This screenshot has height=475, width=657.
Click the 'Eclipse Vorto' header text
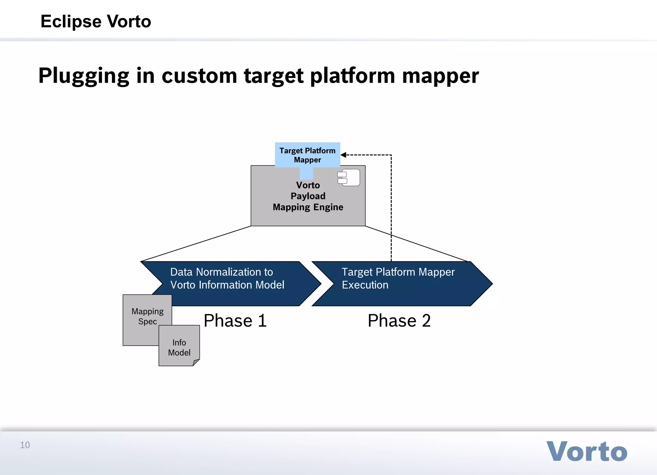pos(96,21)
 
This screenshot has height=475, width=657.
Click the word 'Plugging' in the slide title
pos(84,76)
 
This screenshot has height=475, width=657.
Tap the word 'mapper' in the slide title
pos(440,76)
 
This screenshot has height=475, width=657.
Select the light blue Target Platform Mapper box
pos(307,155)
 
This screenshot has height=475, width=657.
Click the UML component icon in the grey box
pos(349,178)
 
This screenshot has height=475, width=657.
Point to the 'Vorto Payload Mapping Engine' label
pos(308,196)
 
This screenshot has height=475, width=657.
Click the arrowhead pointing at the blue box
pos(343,155)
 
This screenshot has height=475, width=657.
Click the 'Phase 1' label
pos(235,320)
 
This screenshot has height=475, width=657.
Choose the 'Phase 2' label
pos(399,320)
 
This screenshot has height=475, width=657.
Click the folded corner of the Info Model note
pos(196,362)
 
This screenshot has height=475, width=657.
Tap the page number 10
pos(25,445)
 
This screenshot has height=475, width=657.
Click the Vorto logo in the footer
pos(587,452)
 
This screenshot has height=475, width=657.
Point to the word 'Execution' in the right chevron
pos(365,285)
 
